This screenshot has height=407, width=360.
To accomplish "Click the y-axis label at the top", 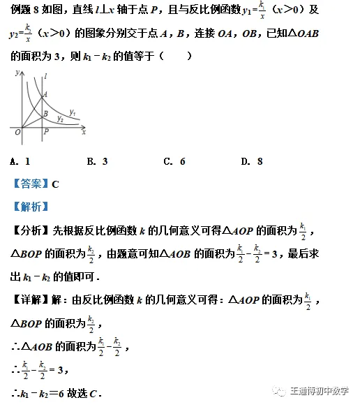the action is pos(16,73).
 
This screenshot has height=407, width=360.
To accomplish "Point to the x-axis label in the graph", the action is pos(84,131).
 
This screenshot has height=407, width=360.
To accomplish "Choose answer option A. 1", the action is pos(20,161).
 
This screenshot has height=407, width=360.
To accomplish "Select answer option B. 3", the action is pos(97,161).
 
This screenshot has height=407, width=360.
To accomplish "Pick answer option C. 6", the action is pos(174,161).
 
